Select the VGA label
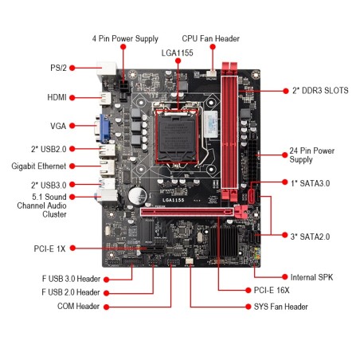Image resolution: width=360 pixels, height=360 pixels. point(57,126)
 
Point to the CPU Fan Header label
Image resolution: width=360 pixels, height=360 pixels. point(210,38)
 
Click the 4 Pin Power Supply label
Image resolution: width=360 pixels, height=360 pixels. point(125,38)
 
